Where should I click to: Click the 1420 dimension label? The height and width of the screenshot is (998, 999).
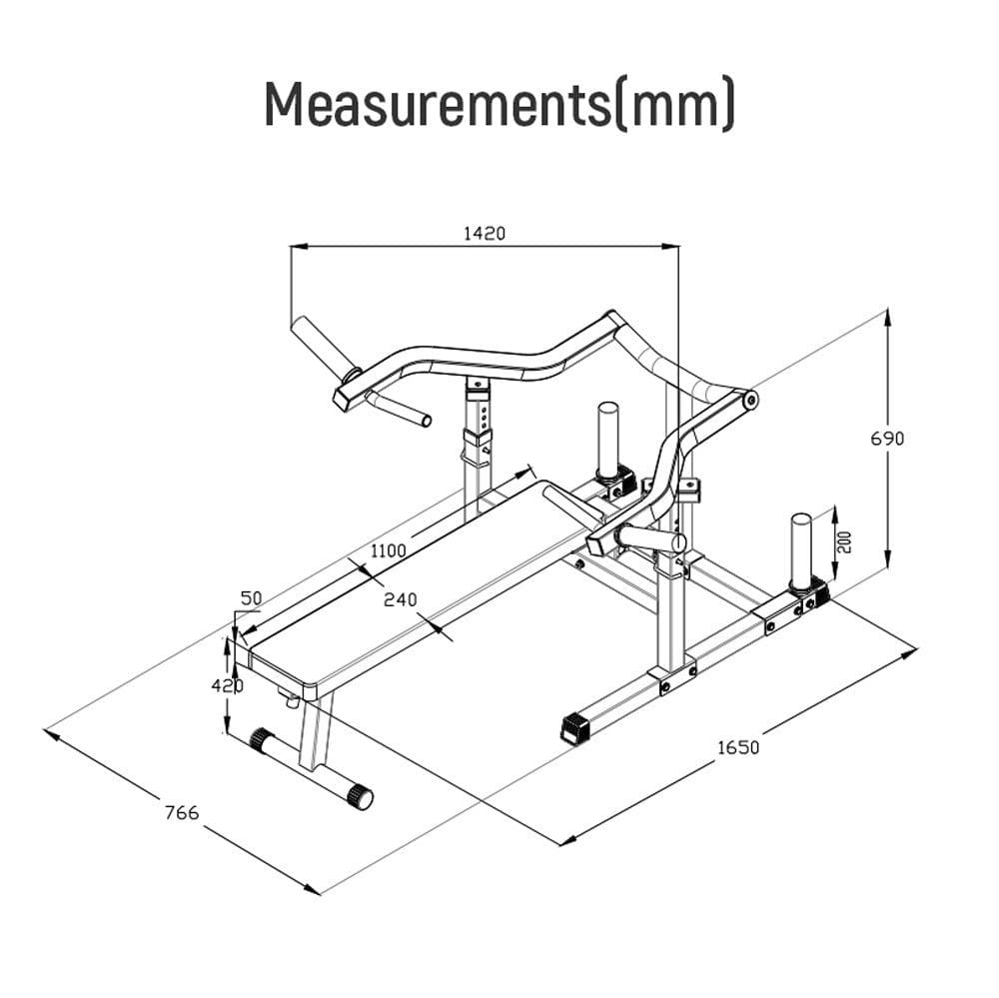[x=484, y=233]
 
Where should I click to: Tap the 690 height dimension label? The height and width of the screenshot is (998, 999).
[x=887, y=439]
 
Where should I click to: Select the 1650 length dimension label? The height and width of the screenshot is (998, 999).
[x=738, y=747]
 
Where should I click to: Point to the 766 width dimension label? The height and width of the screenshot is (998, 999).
[x=182, y=813]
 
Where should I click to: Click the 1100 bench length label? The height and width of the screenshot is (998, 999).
[x=388, y=550]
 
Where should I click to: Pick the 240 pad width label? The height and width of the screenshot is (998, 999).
[x=401, y=599]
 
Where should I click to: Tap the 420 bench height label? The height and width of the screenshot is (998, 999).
[x=228, y=685]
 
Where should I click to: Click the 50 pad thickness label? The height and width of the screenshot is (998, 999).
[x=251, y=598]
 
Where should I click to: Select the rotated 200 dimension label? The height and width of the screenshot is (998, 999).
[x=845, y=541]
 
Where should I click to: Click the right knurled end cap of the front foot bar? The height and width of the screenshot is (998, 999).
[x=360, y=797]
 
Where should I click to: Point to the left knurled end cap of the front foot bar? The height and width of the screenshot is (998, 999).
[x=260, y=739]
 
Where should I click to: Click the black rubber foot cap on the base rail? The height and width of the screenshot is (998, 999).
[x=576, y=728]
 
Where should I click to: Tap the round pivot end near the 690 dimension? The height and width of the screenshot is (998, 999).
[x=750, y=401]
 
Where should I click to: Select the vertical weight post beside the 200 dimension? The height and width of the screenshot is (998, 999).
[x=800, y=549]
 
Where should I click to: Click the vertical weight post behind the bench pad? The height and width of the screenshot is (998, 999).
[x=607, y=440]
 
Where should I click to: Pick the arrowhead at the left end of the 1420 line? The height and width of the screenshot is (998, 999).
[x=299, y=246]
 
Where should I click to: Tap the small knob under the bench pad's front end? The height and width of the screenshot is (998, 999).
[x=292, y=700]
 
